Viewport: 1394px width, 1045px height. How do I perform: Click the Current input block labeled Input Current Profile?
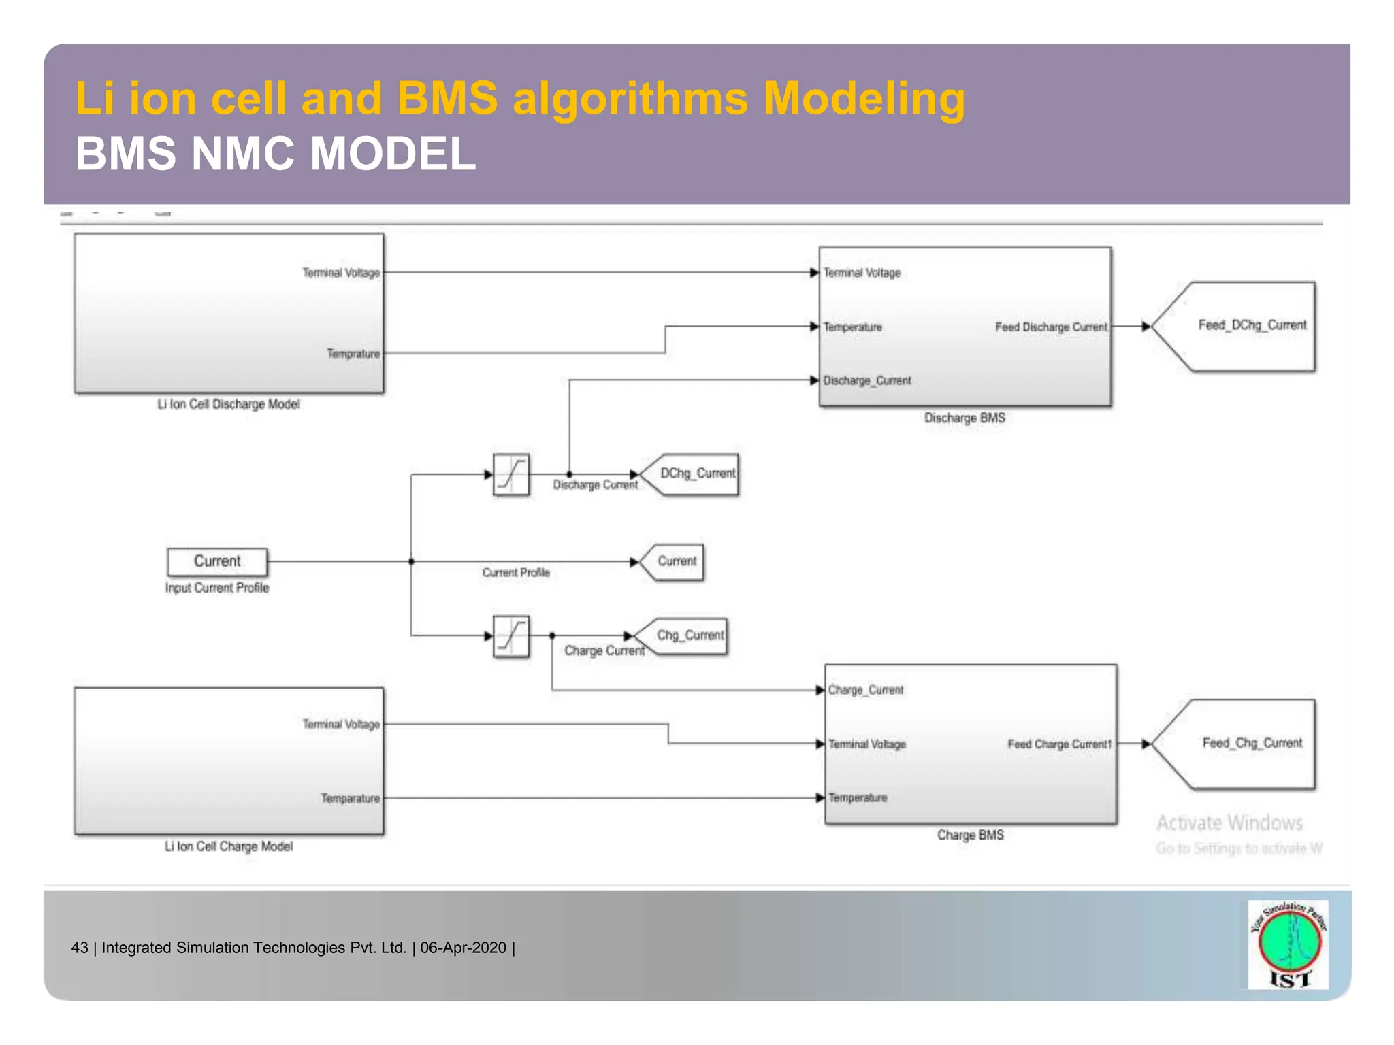coord(217,561)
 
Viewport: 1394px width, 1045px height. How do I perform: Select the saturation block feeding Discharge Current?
coord(511,474)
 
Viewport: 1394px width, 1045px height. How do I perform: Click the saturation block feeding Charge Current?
coord(511,636)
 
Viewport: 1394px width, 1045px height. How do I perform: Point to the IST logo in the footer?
coord(1288,945)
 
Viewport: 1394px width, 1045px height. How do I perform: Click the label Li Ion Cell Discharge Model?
coord(229,404)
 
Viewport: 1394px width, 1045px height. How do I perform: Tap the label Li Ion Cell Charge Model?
coord(229,846)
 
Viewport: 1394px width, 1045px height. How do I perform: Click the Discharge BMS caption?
coord(965,418)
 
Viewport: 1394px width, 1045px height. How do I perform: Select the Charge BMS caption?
coord(970,835)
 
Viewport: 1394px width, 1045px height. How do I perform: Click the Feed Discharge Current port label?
coord(1051,327)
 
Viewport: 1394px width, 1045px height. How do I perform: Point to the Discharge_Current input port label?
coord(867,380)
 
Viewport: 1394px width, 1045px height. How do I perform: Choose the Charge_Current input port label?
coord(866,690)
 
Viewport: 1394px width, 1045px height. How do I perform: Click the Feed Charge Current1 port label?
coord(1059,744)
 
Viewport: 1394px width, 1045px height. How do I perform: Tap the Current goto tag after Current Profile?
coord(675,561)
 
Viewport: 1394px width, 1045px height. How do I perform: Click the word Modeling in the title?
coord(864,99)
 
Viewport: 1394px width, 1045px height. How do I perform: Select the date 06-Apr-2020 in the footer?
coord(464,948)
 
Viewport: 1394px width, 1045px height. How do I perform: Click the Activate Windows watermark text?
coord(1230,823)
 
